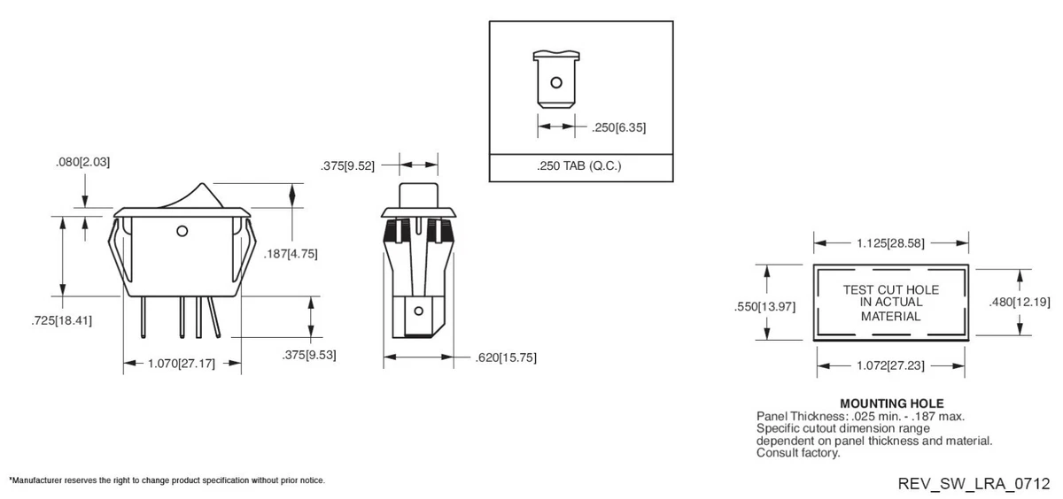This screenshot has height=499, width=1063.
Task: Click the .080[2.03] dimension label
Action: (82, 163)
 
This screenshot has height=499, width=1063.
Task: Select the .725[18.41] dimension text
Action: (61, 319)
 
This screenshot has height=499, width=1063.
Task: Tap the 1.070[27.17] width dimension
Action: (182, 364)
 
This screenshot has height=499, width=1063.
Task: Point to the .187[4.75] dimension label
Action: (291, 254)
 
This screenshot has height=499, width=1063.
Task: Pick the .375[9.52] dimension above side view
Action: (348, 165)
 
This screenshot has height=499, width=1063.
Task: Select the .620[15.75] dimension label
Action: (506, 357)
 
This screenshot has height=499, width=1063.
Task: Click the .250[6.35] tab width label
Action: (617, 127)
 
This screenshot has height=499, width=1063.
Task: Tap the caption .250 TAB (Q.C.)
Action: (579, 166)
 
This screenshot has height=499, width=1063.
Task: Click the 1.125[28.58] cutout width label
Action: (890, 242)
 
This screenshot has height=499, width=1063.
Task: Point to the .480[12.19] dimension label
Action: (1019, 302)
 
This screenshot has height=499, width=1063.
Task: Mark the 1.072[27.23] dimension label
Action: (890, 365)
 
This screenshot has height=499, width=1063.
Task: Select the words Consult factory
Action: (797, 453)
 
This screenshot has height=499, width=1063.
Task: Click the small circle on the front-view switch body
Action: (182, 232)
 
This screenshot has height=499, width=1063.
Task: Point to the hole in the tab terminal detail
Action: (556, 83)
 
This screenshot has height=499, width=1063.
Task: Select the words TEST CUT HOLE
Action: (890, 289)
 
